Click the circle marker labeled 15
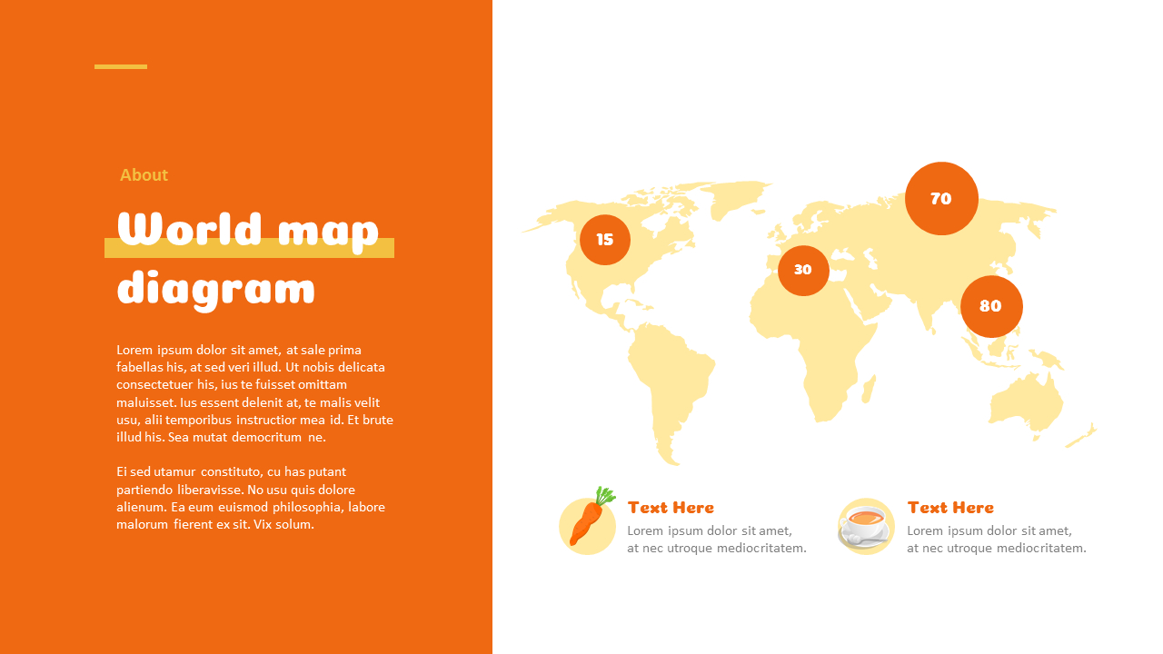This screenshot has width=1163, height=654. (x=605, y=240)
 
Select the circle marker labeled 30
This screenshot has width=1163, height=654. (x=803, y=270)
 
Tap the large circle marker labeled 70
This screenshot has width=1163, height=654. (x=941, y=198)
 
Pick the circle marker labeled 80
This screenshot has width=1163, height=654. (x=991, y=306)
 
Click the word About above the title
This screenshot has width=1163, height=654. (x=144, y=174)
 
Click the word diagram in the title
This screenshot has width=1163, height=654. (x=216, y=289)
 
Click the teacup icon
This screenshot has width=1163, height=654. (x=864, y=527)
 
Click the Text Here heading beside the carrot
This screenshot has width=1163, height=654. (x=671, y=507)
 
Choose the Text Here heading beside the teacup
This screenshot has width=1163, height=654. (x=950, y=507)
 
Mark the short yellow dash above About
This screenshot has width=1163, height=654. (x=121, y=66)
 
